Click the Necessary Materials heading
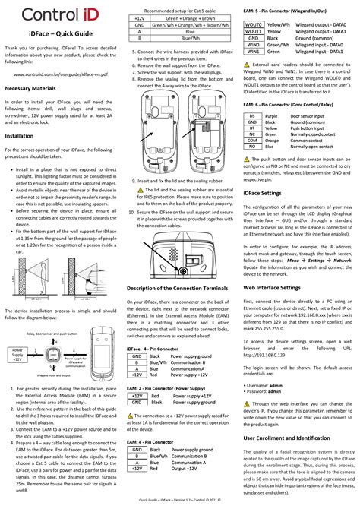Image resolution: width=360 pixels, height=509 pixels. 36,87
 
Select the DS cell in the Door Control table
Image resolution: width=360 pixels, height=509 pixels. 251,114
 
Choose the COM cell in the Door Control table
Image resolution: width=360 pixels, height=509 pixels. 251,141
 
